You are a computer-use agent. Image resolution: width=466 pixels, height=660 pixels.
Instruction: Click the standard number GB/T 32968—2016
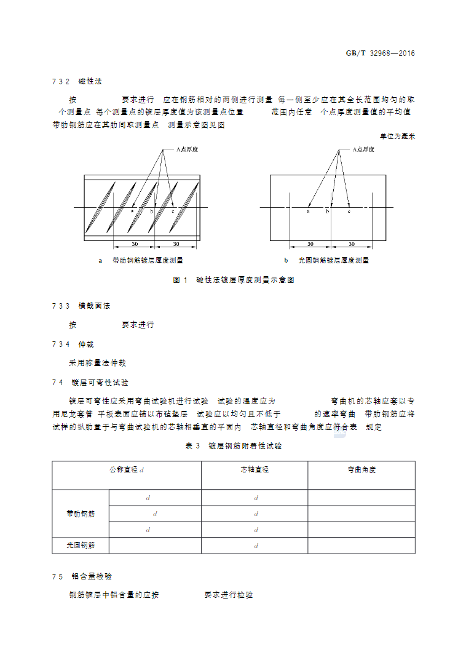tap(381, 54)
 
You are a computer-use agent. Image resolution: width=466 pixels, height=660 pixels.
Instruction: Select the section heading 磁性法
tap(90, 81)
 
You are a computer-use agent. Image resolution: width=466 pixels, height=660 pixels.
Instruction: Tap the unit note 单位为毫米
tap(397, 136)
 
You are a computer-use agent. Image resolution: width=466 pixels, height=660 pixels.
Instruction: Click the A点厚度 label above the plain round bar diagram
tap(366, 149)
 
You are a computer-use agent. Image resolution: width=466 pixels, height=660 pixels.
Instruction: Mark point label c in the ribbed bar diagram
tap(173, 212)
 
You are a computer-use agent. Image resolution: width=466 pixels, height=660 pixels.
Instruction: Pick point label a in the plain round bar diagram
tap(308, 212)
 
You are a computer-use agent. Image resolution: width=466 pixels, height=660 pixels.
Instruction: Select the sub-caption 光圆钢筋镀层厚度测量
tap(333, 260)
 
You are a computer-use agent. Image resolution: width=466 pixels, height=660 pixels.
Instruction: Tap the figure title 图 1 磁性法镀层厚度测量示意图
tap(234, 280)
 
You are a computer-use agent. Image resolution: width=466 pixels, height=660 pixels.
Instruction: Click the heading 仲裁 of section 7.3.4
tap(86, 344)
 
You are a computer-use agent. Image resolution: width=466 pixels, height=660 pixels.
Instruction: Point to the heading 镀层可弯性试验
tap(100, 382)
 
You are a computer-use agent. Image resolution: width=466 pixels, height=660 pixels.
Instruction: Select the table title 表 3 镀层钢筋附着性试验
tap(234, 446)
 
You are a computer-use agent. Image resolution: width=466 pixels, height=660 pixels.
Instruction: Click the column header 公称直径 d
tap(127, 470)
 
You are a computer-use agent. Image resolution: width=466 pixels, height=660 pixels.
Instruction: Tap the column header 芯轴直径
tap(255, 470)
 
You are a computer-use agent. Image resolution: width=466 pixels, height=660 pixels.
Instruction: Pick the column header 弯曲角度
tap(361, 470)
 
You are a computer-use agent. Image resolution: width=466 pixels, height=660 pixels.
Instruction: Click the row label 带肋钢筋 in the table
tap(81, 513)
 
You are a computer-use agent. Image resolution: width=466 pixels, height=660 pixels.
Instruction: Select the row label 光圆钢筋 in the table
tap(81, 545)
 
